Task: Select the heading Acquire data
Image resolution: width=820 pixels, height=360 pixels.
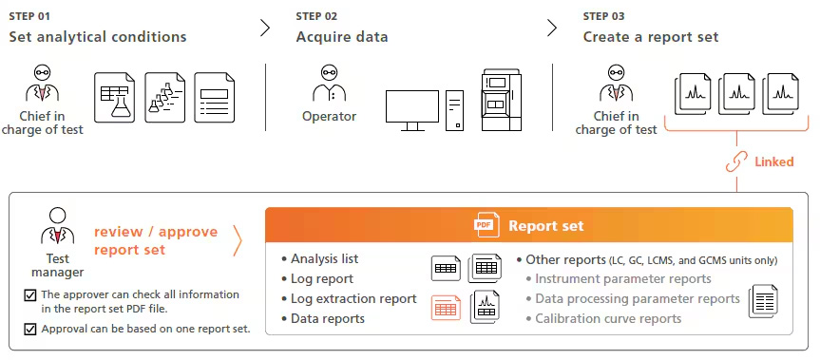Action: point(342,37)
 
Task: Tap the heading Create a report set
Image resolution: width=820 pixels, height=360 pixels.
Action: point(650,37)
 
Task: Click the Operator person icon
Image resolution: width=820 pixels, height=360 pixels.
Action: point(329,85)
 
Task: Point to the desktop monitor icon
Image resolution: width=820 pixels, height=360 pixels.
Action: point(411,110)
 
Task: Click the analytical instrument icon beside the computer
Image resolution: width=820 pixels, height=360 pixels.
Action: point(503,100)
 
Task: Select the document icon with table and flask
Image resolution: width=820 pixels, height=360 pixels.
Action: point(115,97)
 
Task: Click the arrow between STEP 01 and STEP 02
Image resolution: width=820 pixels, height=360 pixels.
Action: point(265,28)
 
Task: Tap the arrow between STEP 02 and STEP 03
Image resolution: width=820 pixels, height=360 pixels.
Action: point(552,28)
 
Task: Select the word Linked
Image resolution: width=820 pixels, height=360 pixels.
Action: point(773,161)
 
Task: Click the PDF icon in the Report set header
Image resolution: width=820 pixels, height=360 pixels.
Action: point(486,226)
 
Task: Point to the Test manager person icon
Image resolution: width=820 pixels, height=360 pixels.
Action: point(57,225)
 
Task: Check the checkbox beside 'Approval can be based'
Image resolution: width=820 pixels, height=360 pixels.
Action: point(29,329)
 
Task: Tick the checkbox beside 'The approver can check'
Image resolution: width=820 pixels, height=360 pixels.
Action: point(29,295)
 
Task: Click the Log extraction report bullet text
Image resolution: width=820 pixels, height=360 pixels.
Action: point(353,298)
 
